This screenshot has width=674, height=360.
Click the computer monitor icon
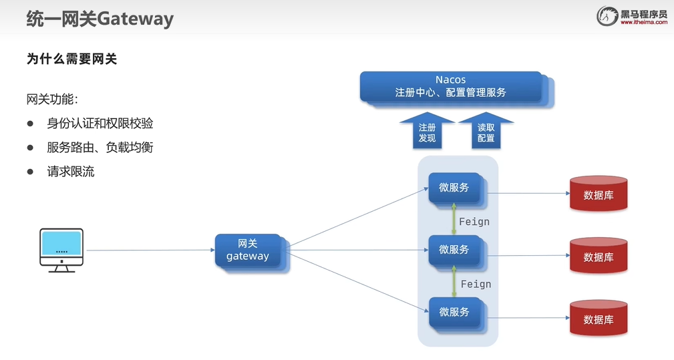tap(61, 249)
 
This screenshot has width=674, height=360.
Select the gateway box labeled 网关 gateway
tap(248, 250)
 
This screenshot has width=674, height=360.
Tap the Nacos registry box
tap(451, 87)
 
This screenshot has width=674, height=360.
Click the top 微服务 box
tap(454, 188)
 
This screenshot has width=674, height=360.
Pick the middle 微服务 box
tap(454, 250)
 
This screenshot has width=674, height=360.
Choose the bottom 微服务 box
tap(454, 312)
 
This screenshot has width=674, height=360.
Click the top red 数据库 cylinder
tap(599, 194)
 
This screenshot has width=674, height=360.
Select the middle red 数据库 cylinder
tap(599, 256)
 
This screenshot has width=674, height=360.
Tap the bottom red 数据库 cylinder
tap(599, 319)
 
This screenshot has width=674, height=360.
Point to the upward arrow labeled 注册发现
tap(427, 131)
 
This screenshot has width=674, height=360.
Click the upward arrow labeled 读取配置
tap(486, 131)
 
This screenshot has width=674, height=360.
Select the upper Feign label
tap(474, 222)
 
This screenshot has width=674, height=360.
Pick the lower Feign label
tap(476, 284)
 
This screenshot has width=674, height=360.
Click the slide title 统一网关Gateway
tap(100, 18)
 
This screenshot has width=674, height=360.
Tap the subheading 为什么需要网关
tap(72, 59)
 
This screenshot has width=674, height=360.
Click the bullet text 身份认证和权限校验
tap(100, 123)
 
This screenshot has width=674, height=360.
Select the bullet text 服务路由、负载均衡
tap(100, 147)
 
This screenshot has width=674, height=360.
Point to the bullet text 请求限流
tap(71, 172)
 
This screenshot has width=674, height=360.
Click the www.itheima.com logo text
tap(643, 22)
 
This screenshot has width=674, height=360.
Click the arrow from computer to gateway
tap(150, 250)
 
